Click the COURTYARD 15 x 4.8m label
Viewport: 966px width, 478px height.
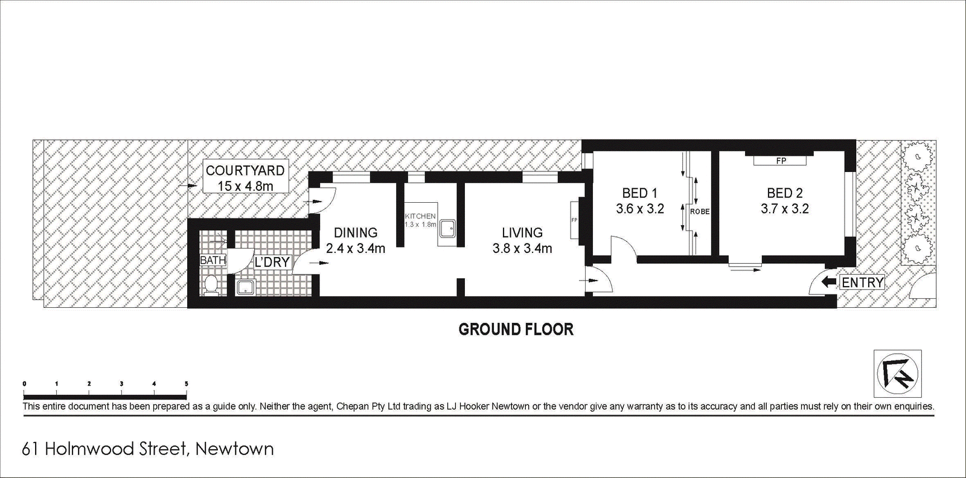click(245, 178)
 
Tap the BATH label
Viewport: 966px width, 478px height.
click(213, 260)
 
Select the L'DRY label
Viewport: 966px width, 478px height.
click(272, 261)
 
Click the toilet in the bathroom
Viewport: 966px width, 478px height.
click(211, 285)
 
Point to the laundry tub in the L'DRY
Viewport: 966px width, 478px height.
click(246, 287)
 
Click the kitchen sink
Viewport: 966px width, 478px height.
click(447, 229)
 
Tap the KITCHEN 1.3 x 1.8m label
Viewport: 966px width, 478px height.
click(420, 220)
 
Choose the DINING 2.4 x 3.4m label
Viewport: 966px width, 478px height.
click(356, 240)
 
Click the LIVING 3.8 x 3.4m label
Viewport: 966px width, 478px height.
click(522, 240)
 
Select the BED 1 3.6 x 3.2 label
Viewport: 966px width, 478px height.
click(640, 201)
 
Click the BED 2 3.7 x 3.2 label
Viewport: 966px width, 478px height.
click(784, 201)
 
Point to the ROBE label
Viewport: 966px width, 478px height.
click(700, 212)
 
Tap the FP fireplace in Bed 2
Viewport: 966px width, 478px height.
click(781, 161)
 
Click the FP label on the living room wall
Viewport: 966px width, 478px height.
click(574, 220)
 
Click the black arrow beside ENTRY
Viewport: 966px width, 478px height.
click(830, 282)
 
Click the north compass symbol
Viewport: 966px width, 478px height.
click(897, 374)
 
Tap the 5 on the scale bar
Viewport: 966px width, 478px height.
click(187, 384)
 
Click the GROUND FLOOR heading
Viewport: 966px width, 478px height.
click(516, 330)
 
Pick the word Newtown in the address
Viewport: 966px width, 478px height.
click(235, 448)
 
